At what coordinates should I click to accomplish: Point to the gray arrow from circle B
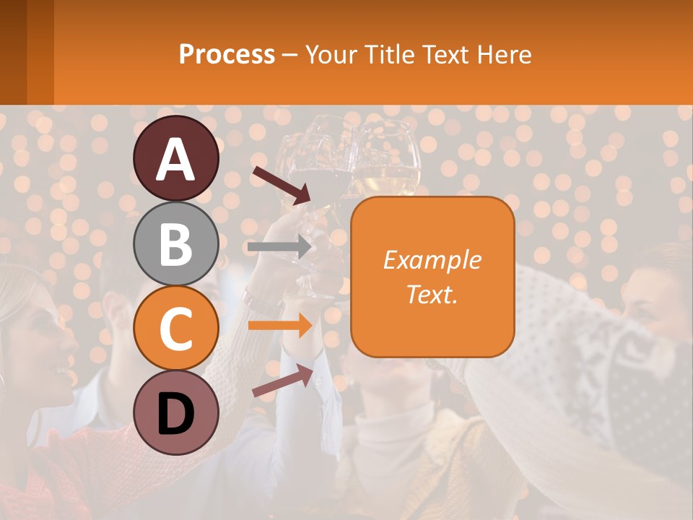coord(279,247)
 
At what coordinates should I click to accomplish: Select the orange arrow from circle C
coord(279,326)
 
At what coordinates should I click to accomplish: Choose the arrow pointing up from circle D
coord(283,381)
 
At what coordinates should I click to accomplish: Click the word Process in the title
coord(227,54)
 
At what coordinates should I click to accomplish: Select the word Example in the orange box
coord(432,260)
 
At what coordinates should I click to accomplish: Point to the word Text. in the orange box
coord(432,295)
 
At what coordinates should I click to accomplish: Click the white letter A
coord(176,159)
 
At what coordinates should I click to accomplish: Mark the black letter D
coord(176,413)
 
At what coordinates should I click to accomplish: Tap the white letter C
coord(176,329)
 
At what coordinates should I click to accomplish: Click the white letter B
coord(176,244)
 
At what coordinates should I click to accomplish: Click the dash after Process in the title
coord(289,55)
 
